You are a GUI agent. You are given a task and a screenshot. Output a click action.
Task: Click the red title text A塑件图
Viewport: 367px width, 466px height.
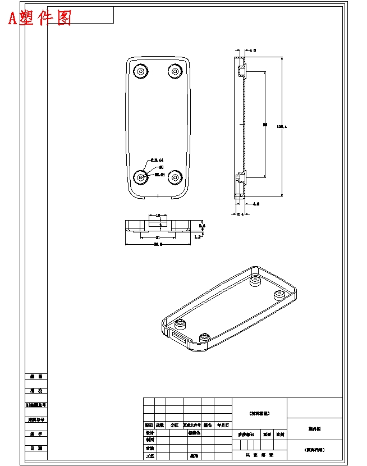[40, 18]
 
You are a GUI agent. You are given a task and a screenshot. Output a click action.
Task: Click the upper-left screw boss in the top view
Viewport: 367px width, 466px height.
[140, 71]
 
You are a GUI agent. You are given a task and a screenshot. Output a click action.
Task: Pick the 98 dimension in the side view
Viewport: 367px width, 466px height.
[265, 125]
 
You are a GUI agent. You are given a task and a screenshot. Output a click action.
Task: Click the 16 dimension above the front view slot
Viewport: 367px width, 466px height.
[158, 215]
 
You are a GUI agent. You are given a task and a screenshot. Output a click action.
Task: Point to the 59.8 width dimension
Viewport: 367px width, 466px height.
[158, 244]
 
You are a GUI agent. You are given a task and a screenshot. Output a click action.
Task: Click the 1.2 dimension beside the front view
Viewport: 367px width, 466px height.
[197, 237]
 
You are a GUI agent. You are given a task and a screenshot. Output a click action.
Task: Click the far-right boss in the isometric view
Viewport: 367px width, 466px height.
[279, 295]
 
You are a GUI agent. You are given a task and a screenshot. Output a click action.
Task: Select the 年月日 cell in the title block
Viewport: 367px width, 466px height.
[223, 425]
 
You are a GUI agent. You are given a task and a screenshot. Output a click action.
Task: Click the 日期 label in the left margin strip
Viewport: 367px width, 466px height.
[36, 448]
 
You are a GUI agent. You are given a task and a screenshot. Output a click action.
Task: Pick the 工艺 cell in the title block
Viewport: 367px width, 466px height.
[149, 456]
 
